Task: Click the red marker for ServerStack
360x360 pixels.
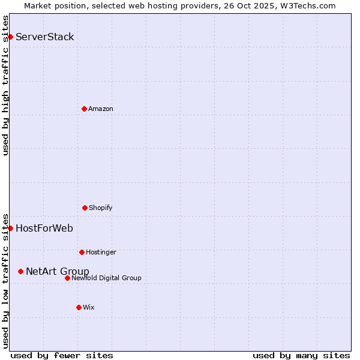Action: point(10,37)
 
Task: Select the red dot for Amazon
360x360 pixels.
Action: point(84,109)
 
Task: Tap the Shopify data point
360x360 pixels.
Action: point(85,208)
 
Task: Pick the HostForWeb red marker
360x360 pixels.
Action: point(10,228)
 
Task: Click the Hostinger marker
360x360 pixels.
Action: point(82,252)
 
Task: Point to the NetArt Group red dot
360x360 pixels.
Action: point(20,271)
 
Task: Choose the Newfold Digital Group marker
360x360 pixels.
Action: point(67,278)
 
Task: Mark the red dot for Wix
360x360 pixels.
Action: point(79,307)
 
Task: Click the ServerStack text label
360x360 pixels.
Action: point(45,37)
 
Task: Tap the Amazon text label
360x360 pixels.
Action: point(101,109)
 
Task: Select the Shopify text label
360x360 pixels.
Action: point(101,208)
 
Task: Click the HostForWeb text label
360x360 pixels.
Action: point(44,228)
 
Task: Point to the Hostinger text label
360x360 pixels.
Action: point(101,252)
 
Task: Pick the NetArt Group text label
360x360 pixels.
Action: point(58,271)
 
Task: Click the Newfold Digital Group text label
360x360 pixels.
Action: point(106,278)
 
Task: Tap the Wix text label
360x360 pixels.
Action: point(89,307)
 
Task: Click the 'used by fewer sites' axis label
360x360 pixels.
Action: point(62,355)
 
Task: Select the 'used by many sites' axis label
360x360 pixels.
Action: point(301,355)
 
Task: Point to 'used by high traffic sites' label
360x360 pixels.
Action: point(5,85)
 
